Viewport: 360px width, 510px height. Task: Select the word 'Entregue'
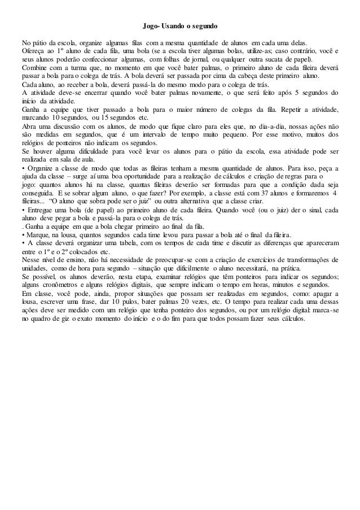39,210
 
